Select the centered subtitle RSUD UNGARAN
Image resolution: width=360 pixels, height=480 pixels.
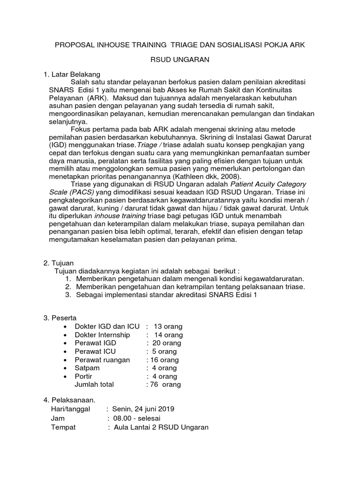(x=180, y=60)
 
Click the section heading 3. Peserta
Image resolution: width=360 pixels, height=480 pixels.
(x=60, y=318)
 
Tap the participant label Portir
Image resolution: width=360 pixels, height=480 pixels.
(x=84, y=376)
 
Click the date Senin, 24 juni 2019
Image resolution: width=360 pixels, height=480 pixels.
(x=146, y=409)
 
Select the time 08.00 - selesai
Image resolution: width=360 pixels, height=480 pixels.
(x=137, y=418)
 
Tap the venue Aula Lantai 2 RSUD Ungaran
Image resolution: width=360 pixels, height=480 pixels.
(x=161, y=427)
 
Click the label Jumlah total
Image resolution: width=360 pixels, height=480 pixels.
(x=94, y=384)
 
